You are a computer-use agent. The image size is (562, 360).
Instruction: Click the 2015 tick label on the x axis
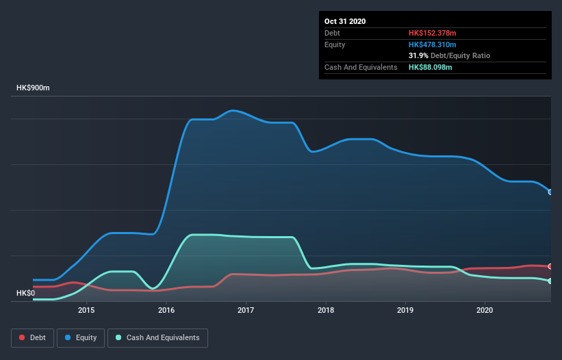[86, 310]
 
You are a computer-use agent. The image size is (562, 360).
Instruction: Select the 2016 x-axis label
[166, 310]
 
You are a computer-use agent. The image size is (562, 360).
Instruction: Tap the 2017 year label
[246, 310]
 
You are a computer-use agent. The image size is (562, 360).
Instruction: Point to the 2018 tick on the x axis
[326, 310]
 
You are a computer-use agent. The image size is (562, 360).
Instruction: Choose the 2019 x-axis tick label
[405, 310]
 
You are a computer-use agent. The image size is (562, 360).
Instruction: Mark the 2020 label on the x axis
[485, 310]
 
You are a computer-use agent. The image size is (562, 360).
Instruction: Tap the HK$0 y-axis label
[25, 293]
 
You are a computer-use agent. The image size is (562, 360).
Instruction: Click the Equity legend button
[81, 337]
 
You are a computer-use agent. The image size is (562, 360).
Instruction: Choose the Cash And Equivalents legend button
[157, 337]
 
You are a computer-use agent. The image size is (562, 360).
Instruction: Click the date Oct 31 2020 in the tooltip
[345, 21]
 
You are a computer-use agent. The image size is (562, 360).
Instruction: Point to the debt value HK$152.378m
[432, 33]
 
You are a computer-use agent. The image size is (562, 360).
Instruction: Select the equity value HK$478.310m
[432, 44]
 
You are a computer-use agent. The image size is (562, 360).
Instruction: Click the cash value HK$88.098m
[430, 67]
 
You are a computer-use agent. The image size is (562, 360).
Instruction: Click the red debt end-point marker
[550, 266]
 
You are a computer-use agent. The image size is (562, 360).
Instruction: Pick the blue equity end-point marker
[550, 192]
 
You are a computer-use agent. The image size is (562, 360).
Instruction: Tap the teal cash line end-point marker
[550, 281]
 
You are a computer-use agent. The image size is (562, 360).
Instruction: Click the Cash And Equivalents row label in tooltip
[361, 67]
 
